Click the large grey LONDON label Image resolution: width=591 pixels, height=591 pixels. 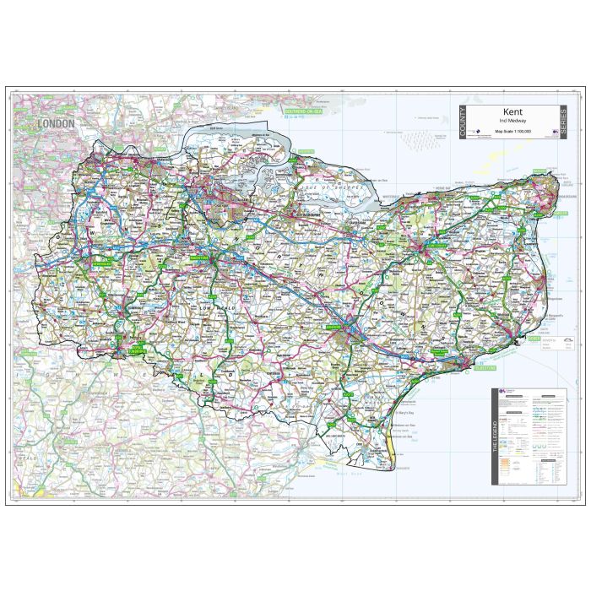click(57, 123)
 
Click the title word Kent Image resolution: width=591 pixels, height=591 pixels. click(512, 111)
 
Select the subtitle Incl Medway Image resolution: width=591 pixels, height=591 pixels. click(512, 122)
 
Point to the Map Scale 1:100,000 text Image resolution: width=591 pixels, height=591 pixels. click(512, 133)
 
